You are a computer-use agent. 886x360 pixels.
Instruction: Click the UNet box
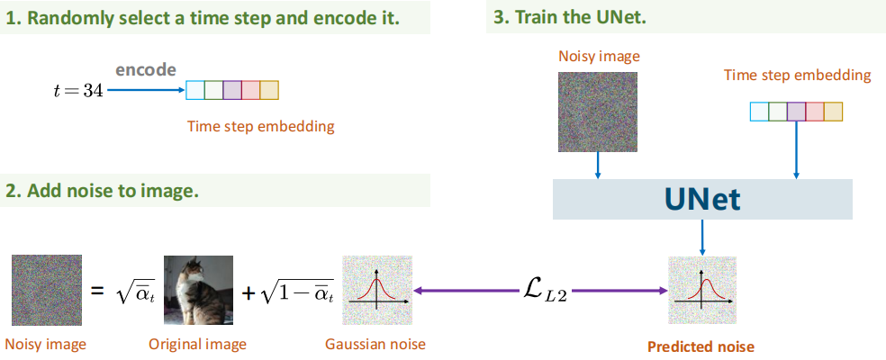click(x=702, y=199)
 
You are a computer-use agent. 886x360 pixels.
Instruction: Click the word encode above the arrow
click(x=145, y=70)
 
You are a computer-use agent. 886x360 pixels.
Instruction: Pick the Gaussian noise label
click(x=376, y=344)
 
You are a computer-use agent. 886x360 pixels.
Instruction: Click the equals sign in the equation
click(x=96, y=292)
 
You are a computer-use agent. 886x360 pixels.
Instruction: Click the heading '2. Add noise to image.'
click(x=102, y=191)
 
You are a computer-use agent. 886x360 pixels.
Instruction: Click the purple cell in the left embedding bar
click(x=232, y=90)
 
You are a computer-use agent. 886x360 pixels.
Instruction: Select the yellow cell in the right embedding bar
click(x=834, y=112)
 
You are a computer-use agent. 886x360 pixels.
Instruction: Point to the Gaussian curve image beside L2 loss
click(x=377, y=291)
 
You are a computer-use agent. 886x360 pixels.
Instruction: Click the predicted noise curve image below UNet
click(x=702, y=291)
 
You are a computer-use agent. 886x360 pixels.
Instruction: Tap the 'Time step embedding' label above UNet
click(x=797, y=75)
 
